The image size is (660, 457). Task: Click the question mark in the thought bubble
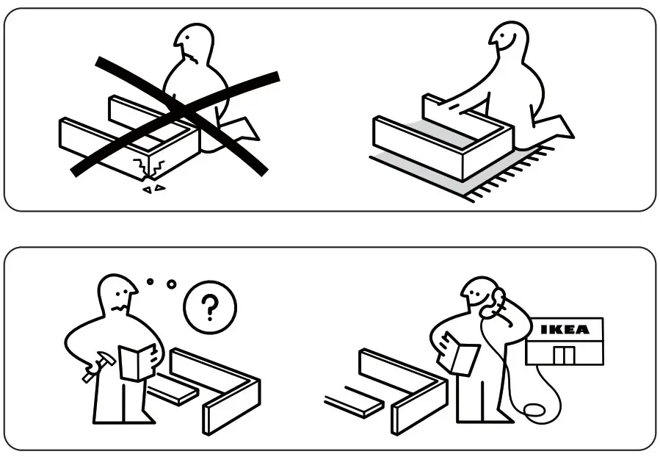(x=209, y=309)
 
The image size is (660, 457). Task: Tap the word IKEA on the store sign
(x=565, y=330)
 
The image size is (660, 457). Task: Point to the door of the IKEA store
(x=565, y=356)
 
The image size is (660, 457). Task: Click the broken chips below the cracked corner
(x=153, y=189)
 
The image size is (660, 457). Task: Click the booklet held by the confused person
(x=137, y=361)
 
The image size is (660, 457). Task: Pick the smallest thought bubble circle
(x=150, y=281)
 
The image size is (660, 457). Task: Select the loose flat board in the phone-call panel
(x=353, y=403)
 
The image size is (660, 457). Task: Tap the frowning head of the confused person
(x=117, y=294)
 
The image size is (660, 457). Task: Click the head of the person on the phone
(x=479, y=295)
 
